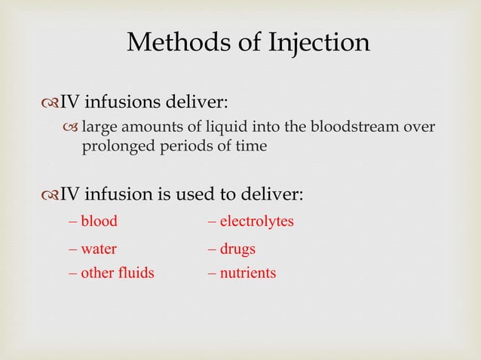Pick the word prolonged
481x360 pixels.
coord(115,145)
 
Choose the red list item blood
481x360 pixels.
coord(99,222)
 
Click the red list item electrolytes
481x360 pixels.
coord(256,222)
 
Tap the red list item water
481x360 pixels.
coord(99,249)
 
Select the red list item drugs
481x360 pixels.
coord(237,249)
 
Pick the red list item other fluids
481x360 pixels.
coord(117,273)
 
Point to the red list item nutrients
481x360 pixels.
coord(247,273)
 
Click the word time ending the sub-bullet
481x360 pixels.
coord(252,145)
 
